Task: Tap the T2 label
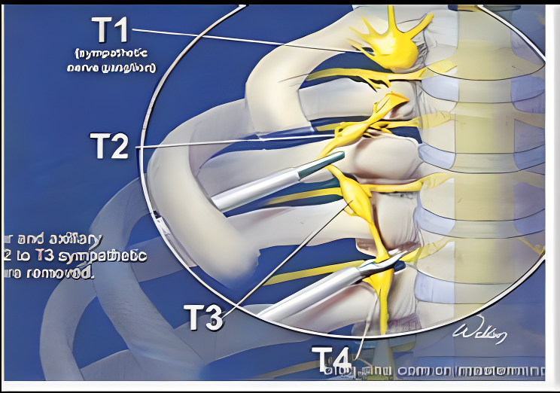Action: pyautogui.click(x=110, y=146)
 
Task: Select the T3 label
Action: pyautogui.click(x=204, y=316)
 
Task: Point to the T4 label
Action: pyautogui.click(x=332, y=360)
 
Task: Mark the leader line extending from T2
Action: pyautogui.click(x=226, y=142)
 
